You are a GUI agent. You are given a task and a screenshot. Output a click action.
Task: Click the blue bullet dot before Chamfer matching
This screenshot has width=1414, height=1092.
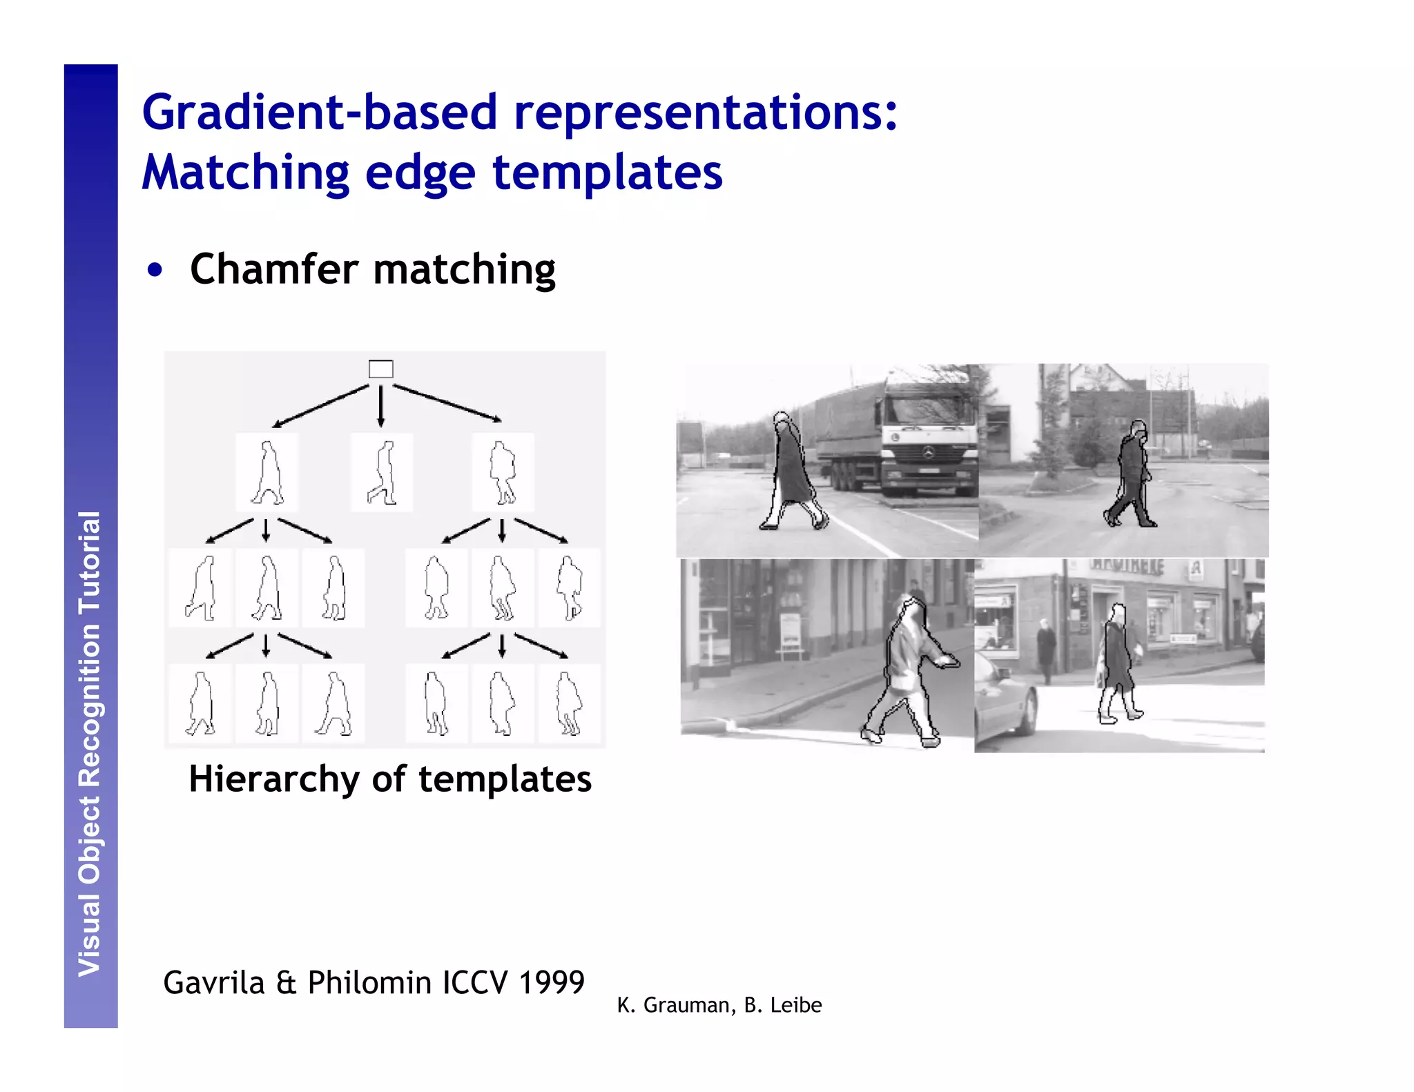pyautogui.click(x=155, y=271)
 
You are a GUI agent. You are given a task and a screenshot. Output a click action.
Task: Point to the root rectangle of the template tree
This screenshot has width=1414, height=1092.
pyautogui.click(x=380, y=369)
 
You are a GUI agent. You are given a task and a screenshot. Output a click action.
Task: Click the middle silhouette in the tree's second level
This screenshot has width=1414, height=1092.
pyautogui.click(x=382, y=473)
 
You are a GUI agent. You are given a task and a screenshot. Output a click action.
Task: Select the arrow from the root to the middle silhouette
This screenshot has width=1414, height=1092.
pyautogui.click(x=380, y=406)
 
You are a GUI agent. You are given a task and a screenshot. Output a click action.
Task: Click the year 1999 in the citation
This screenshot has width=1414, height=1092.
pyautogui.click(x=552, y=982)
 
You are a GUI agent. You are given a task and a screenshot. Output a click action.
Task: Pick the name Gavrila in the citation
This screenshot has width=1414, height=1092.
pyautogui.click(x=213, y=982)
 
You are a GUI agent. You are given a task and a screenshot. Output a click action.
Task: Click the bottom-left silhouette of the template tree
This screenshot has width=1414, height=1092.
pyautogui.click(x=200, y=703)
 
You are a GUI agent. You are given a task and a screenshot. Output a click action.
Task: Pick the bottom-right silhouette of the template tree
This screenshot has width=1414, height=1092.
pyautogui.click(x=569, y=703)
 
